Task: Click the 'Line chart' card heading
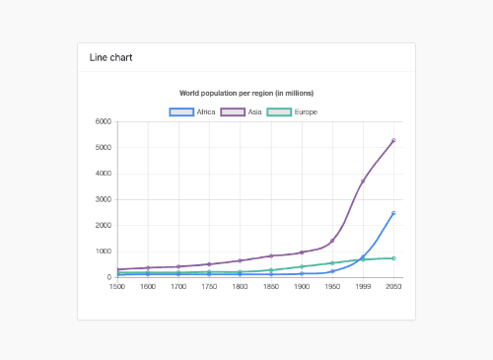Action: click(x=104, y=57)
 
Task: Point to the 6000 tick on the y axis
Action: click(x=103, y=122)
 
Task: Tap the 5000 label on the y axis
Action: click(x=103, y=148)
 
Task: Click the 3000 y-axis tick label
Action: click(x=103, y=199)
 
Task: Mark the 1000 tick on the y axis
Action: click(x=103, y=252)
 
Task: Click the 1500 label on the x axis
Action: click(x=117, y=286)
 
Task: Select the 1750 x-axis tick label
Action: click(x=209, y=286)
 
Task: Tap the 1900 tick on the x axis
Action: click(x=302, y=286)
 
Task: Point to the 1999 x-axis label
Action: click(x=363, y=286)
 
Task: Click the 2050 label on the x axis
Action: click(x=393, y=286)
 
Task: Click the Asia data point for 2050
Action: click(x=393, y=141)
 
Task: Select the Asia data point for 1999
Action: click(x=363, y=181)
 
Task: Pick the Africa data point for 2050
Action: click(x=393, y=213)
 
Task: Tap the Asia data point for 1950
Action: click(x=332, y=241)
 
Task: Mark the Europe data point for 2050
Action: click(x=393, y=258)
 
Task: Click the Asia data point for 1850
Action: click(x=271, y=255)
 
